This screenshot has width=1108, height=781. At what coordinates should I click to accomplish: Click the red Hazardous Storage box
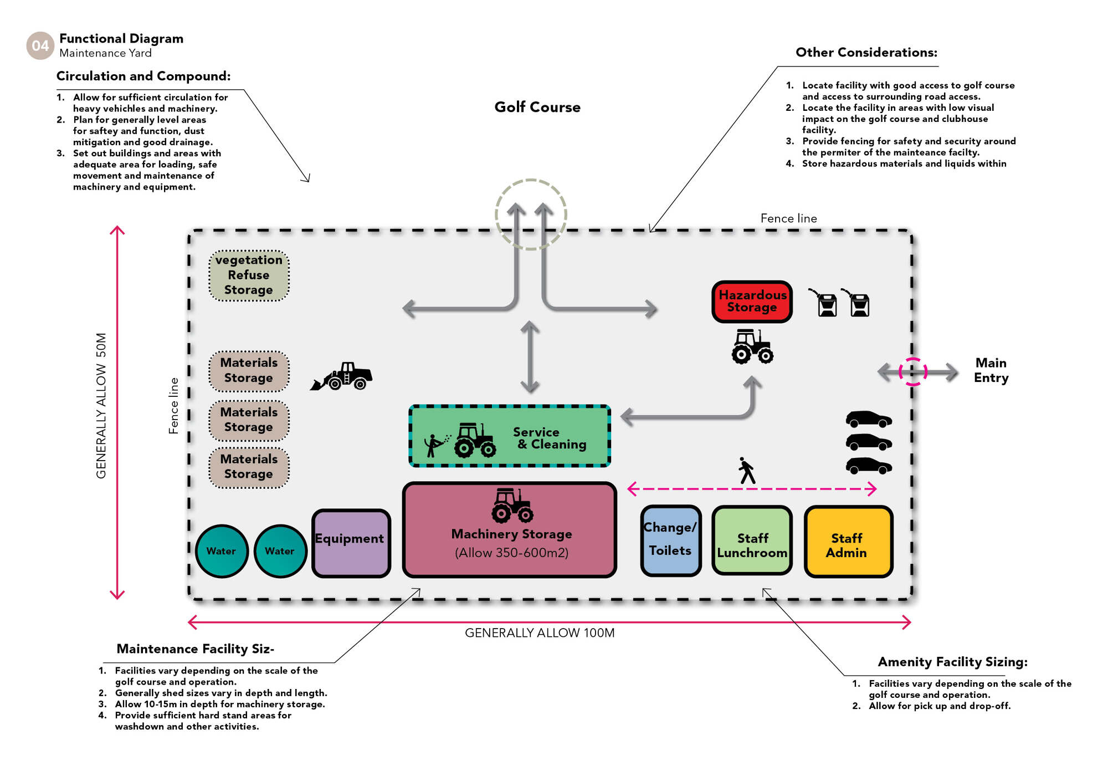click(x=752, y=302)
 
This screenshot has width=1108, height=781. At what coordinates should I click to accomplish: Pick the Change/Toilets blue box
click(x=670, y=540)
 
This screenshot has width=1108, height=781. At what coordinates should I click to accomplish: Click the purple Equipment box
click(x=351, y=543)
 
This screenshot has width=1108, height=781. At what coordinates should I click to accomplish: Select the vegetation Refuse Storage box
click(x=249, y=275)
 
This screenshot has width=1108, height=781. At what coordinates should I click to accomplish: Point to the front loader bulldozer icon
click(x=342, y=376)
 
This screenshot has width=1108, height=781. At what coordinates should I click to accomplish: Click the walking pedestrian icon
click(x=747, y=471)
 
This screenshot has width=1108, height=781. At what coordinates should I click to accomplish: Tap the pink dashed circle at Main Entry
click(x=912, y=371)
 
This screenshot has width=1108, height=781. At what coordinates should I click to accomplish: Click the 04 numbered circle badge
click(x=40, y=45)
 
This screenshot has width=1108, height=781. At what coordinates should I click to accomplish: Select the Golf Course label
click(x=537, y=107)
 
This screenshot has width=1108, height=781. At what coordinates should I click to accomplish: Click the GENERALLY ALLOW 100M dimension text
click(x=539, y=633)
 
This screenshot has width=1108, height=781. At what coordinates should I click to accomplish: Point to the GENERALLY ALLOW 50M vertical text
click(x=101, y=405)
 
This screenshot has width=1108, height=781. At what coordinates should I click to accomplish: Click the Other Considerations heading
click(x=866, y=53)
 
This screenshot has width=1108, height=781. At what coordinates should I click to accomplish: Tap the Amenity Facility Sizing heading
click(x=952, y=662)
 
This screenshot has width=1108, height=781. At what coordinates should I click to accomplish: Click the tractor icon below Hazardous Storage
click(x=752, y=347)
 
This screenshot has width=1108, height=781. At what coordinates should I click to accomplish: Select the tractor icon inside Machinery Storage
click(x=512, y=505)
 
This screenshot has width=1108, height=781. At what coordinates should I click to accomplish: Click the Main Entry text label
click(x=991, y=370)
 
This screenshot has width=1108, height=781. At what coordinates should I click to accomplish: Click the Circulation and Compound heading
click(x=143, y=76)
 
